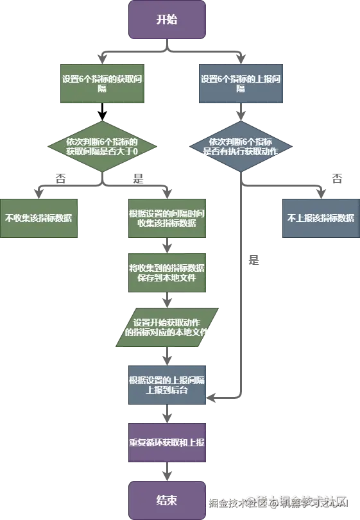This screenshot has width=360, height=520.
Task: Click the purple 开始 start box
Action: click(x=167, y=19)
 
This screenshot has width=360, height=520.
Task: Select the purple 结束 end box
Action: click(x=167, y=500)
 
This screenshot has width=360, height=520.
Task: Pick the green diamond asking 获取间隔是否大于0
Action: click(x=102, y=146)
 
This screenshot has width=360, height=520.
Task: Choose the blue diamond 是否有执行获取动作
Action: click(x=241, y=146)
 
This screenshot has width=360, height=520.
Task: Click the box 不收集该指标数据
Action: click(x=39, y=217)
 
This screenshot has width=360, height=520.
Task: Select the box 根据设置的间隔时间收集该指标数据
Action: click(x=167, y=217)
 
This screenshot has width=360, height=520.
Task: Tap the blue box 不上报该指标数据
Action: click(x=320, y=217)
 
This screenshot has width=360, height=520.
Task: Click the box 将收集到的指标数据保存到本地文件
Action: click(x=167, y=272)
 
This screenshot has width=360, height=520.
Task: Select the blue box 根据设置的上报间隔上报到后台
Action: click(x=167, y=385)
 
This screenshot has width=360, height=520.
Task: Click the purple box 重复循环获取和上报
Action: click(x=167, y=442)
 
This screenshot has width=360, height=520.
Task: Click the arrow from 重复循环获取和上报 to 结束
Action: click(x=167, y=473)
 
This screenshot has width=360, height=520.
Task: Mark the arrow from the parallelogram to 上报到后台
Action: click(x=167, y=356)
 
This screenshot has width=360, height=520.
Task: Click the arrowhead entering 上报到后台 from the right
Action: click(x=211, y=398)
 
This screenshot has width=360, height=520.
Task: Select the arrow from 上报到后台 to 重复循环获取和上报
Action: click(x=167, y=414)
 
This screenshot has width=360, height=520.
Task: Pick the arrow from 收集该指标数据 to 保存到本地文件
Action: click(x=167, y=246)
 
